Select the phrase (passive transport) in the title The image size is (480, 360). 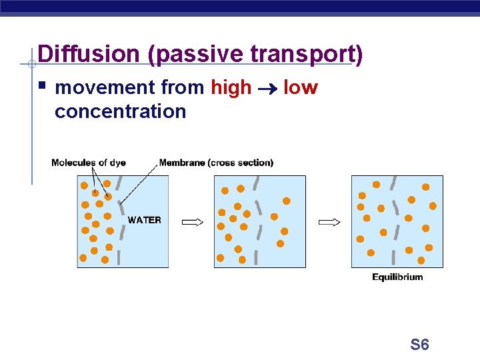point(256,54)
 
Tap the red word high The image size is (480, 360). point(231,87)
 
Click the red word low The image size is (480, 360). point(301,87)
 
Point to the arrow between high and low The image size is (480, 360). point(267,88)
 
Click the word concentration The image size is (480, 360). point(120,111)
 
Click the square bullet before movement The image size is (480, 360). point(43,86)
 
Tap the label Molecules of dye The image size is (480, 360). point(89,163)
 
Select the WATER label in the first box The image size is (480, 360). point(144,220)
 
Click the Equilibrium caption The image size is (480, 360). point(397,277)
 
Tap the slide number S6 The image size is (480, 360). point(419,345)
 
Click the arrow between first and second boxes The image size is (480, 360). point(192,222)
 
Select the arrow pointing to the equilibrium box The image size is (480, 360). point(330,222)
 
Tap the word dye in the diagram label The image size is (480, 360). point(117,163)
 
